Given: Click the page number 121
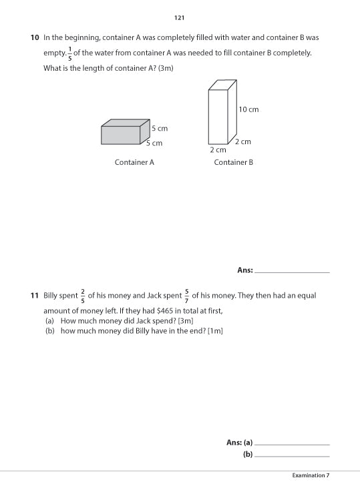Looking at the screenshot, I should point(179,18).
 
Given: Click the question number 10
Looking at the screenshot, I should point(35,38).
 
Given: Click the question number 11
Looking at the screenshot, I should point(35,295).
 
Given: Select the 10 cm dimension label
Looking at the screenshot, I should point(248,109).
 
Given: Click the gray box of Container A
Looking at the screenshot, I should point(122,134).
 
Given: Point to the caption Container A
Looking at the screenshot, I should point(134,162).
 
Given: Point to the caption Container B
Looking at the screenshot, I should point(233,162).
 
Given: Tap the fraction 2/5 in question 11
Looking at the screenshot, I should point(83,295).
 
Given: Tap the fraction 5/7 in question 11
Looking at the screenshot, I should point(187,295).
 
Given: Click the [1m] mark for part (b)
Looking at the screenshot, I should point(214,331).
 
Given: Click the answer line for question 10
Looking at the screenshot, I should point(292,271).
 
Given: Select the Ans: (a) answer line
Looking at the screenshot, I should point(292,443).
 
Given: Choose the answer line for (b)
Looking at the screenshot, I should point(292,455).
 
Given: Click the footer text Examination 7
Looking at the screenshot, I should point(311,475).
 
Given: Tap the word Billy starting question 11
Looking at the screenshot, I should point(51,295).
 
